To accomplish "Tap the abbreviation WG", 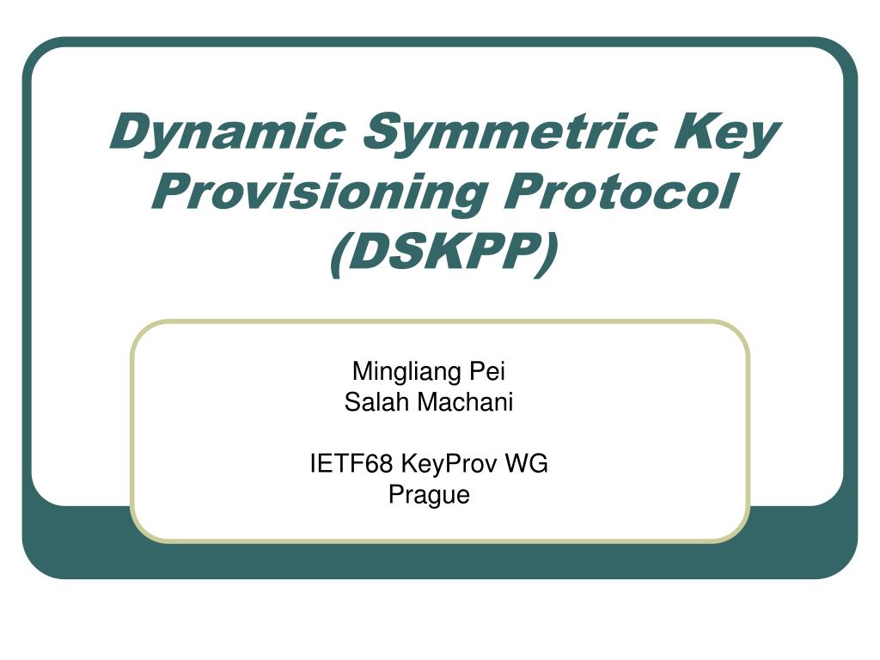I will [527, 464].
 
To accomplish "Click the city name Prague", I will [429, 495].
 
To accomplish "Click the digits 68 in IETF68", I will [380, 464].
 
